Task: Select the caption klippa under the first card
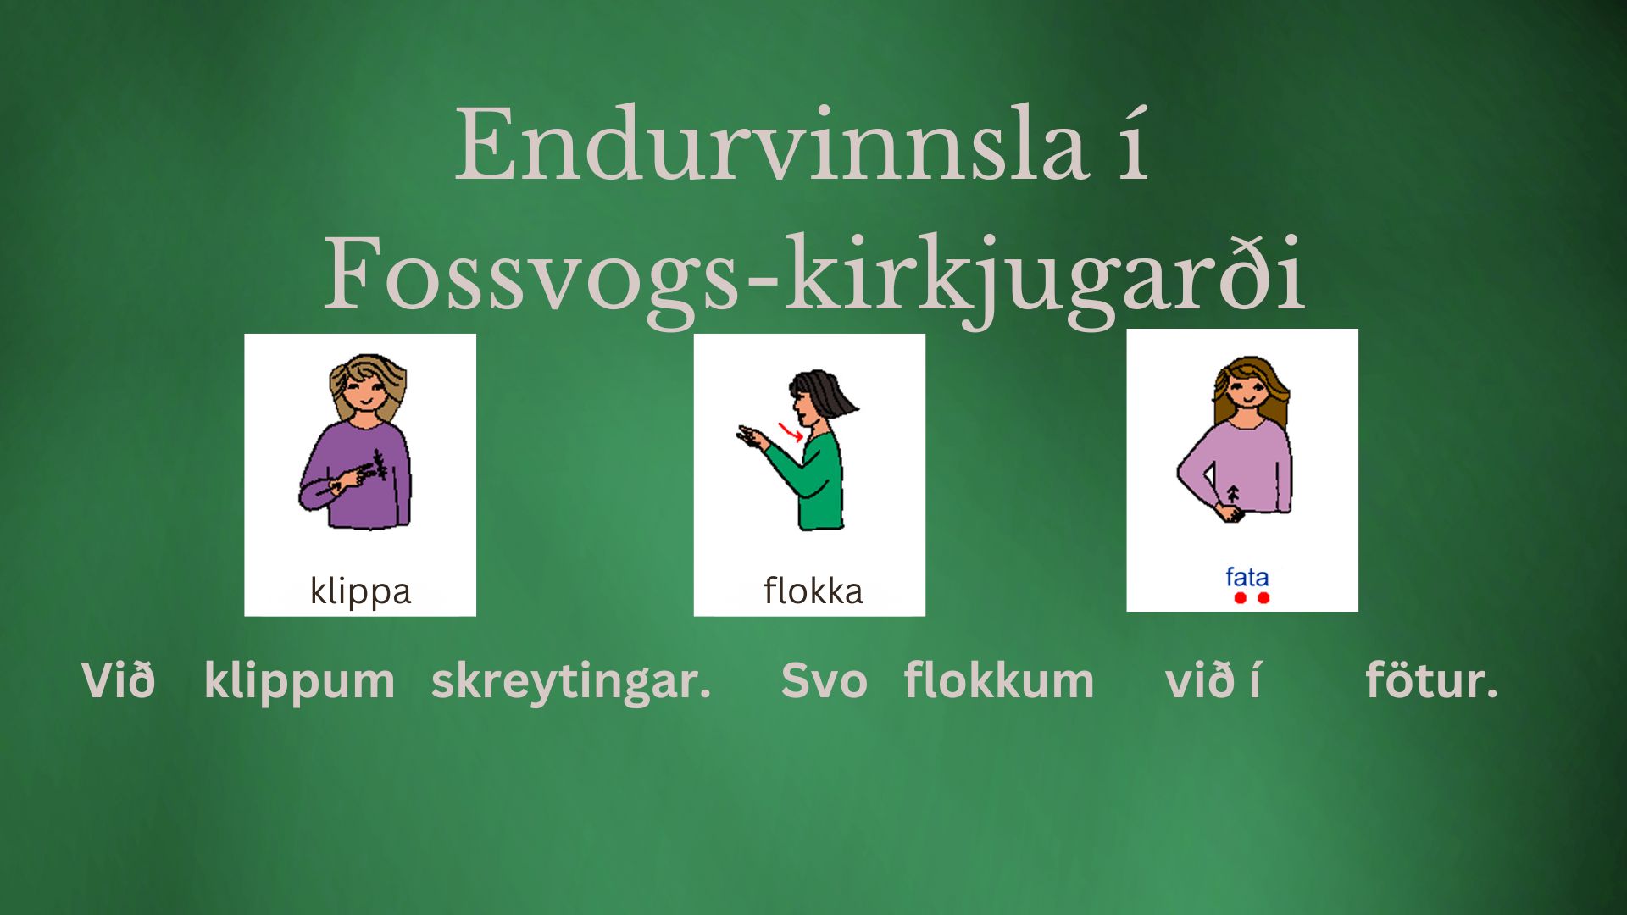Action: [360, 591]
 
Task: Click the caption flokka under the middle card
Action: [813, 591]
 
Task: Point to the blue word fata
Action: [1247, 577]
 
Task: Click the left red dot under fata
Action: [1240, 598]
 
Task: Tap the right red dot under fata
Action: [1263, 598]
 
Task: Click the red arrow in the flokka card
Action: [791, 433]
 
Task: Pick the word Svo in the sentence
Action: [824, 681]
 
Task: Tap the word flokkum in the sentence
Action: [999, 680]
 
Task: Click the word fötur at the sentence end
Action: [1431, 680]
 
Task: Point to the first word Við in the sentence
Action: [118, 680]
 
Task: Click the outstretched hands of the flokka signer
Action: [752, 436]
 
